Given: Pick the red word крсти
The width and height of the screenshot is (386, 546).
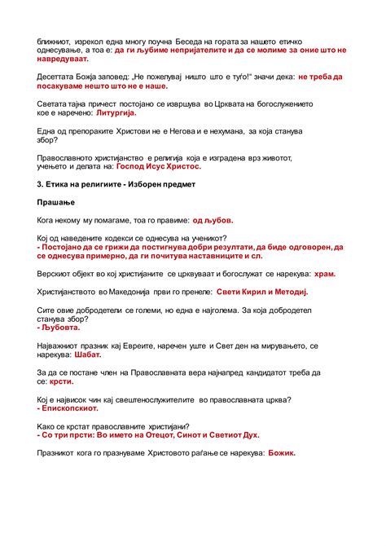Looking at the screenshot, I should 62,381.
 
